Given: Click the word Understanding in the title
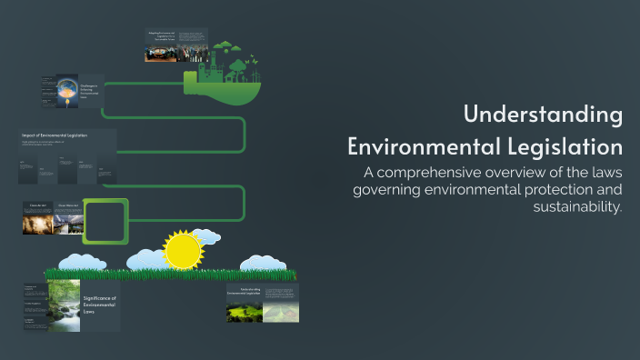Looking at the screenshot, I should coord(543,115).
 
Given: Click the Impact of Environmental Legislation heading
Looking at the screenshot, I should coord(55,135).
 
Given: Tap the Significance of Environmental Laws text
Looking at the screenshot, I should coord(100,305).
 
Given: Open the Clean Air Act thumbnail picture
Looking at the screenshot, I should coord(39,224).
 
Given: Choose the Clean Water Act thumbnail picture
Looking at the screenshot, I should coord(69,224).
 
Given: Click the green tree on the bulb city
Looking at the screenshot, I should coord(238,65).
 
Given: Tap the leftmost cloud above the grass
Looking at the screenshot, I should coord(79,262).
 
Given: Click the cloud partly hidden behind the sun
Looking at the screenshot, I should coord(205,238).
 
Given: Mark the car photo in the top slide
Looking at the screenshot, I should coord(161,52).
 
